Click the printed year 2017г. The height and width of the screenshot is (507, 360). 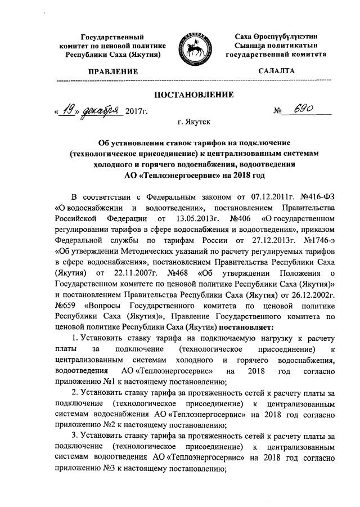pyautogui.click(x=137, y=113)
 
